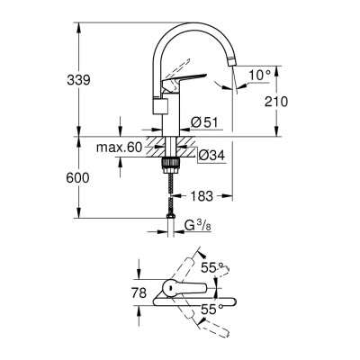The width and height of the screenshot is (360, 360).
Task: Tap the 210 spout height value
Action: pos(275,102)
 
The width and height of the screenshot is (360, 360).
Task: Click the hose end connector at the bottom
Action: pos(168,213)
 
